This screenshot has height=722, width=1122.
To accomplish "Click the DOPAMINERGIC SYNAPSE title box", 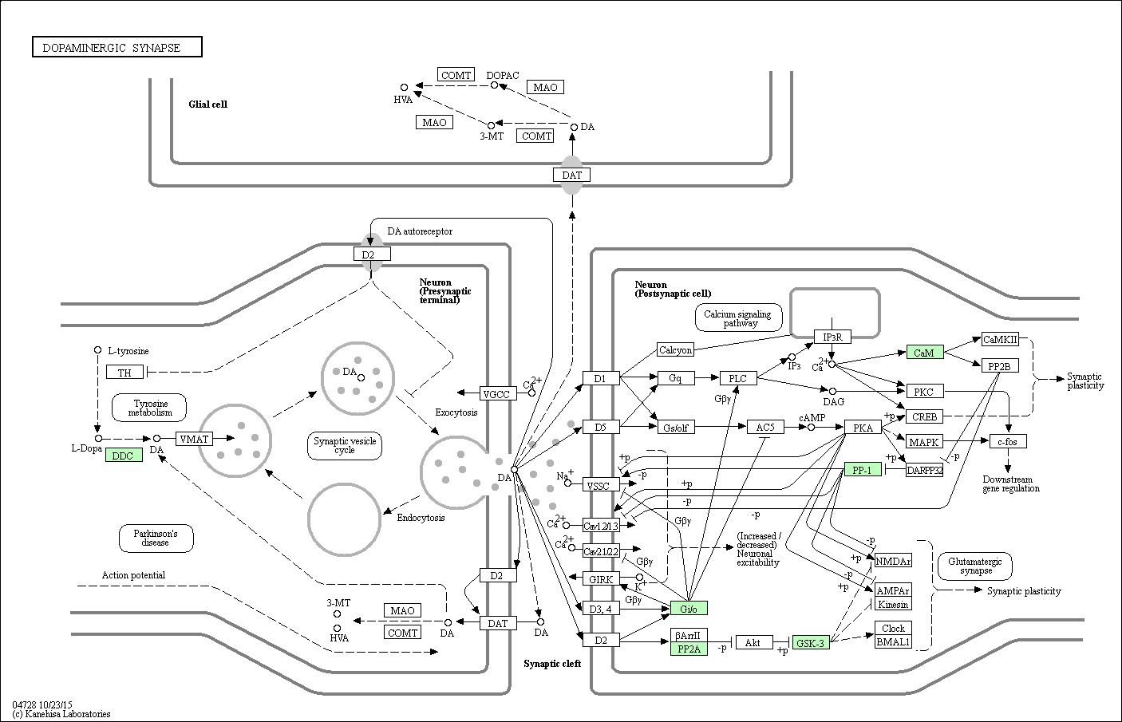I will pyautogui.click(x=117, y=47).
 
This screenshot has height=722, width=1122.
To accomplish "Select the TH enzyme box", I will pyautogui.click(x=124, y=372).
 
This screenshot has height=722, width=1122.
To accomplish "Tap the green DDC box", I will pyautogui.click(x=124, y=456).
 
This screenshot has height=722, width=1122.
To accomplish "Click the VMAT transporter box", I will pyautogui.click(x=194, y=438).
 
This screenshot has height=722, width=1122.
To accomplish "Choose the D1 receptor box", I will pyautogui.click(x=601, y=377).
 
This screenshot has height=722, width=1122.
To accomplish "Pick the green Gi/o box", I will pyautogui.click(x=689, y=608).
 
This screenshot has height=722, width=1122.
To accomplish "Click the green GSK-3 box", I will pyautogui.click(x=812, y=642).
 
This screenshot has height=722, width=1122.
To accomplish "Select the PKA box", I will pyautogui.click(x=863, y=428).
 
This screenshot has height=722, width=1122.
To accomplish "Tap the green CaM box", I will pyautogui.click(x=924, y=352).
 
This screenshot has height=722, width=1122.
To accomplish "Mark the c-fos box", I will pyautogui.click(x=1008, y=441).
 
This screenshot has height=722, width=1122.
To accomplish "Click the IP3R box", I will pyautogui.click(x=832, y=337).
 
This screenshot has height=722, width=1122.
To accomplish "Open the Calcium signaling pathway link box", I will pyautogui.click(x=737, y=318).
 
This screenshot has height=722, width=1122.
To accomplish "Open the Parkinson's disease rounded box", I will pyautogui.click(x=156, y=538).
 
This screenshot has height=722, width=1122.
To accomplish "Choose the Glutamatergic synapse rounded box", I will pyautogui.click(x=975, y=566).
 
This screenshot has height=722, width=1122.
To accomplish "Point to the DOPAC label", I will pyautogui.click(x=503, y=75).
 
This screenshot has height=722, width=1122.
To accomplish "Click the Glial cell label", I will pyautogui.click(x=207, y=104).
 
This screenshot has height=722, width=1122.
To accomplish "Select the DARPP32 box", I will pyautogui.click(x=925, y=470).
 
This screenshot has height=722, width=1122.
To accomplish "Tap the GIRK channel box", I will pyautogui.click(x=600, y=578).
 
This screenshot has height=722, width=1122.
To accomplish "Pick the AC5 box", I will pyautogui.click(x=765, y=427).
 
